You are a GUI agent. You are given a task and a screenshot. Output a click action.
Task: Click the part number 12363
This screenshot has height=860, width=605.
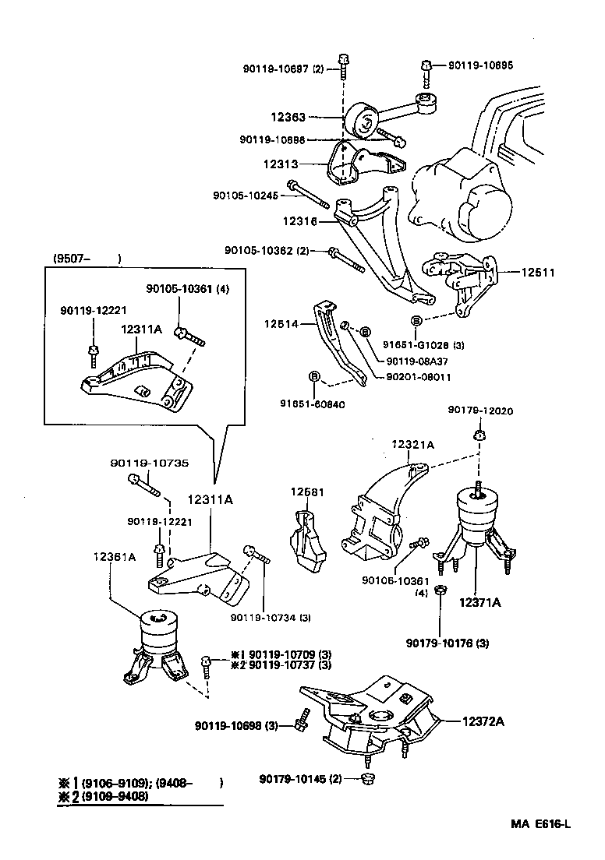point(288,117)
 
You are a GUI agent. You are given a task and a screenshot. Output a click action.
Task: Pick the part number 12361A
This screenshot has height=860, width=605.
point(115,557)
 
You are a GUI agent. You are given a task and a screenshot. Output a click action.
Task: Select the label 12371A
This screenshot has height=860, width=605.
point(479,602)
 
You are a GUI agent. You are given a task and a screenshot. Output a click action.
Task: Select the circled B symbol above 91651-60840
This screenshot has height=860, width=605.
point(315,377)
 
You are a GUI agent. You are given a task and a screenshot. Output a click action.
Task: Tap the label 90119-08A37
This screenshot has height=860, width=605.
point(418,361)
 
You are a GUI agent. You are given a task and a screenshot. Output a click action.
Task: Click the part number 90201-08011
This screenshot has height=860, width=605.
point(418,377)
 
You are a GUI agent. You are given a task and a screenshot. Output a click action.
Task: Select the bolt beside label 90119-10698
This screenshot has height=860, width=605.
point(300,725)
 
